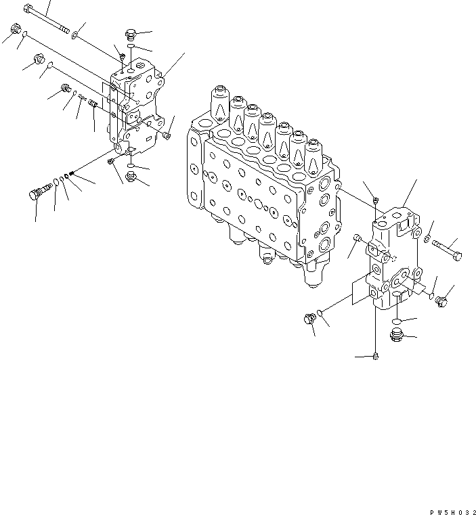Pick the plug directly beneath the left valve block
click(x=132, y=177)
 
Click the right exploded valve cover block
click(x=395, y=261)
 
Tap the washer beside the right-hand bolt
click(x=428, y=238)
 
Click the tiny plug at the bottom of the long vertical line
click(x=374, y=355)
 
